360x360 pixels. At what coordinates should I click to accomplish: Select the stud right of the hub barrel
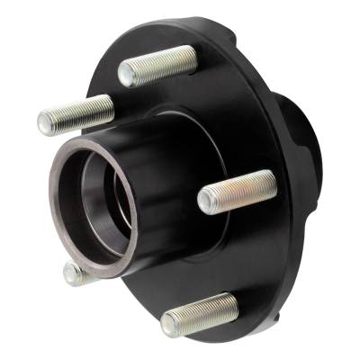tap(237, 190)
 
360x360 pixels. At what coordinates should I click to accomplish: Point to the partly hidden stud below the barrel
tap(76, 273)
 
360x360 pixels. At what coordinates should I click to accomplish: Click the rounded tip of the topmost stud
tap(126, 74)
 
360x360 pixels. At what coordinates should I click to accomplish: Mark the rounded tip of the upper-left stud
tap(44, 120)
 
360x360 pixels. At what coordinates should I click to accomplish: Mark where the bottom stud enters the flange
tap(233, 302)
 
